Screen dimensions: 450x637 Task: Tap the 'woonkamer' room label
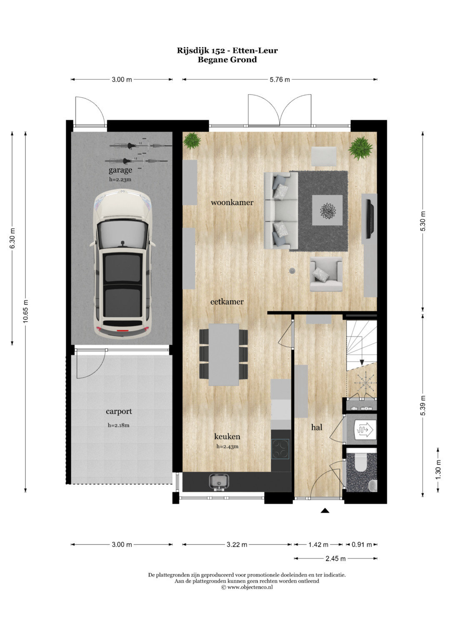[x=232, y=202]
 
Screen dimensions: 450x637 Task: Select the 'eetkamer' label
[x=227, y=302]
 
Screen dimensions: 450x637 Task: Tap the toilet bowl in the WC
[x=362, y=462]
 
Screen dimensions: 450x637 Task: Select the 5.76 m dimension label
[x=280, y=80]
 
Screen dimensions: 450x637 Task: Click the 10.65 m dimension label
[x=25, y=311]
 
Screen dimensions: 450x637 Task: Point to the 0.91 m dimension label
[x=362, y=544]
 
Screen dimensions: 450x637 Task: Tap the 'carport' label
[x=119, y=411]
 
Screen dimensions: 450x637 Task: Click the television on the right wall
[x=369, y=219]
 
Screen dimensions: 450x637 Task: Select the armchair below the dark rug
[x=326, y=274]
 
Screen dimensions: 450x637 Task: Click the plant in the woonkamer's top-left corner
[x=192, y=141]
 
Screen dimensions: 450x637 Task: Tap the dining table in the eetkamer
[x=224, y=354]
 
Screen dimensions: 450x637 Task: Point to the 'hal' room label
[x=317, y=428]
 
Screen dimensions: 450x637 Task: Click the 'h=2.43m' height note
[x=227, y=446]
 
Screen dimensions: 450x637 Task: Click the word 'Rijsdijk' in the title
[x=192, y=50]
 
